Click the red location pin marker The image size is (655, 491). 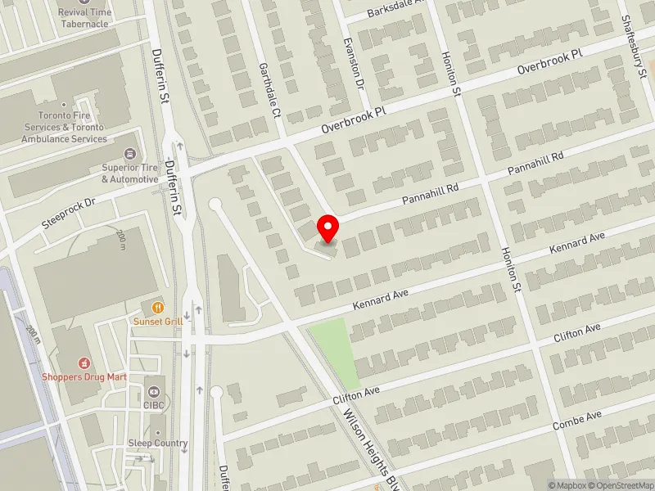tap(328, 227)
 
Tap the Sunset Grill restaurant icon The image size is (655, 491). tap(157, 307)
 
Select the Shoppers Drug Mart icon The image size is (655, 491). tap(83, 363)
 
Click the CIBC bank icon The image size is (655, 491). tap(155, 382)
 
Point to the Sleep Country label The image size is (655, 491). tap(157, 444)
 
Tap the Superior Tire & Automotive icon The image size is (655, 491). tap(129, 154)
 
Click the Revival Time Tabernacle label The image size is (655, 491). tap(84, 17)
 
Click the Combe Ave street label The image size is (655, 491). tap(576, 420)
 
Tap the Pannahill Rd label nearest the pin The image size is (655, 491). tap(429, 195)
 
